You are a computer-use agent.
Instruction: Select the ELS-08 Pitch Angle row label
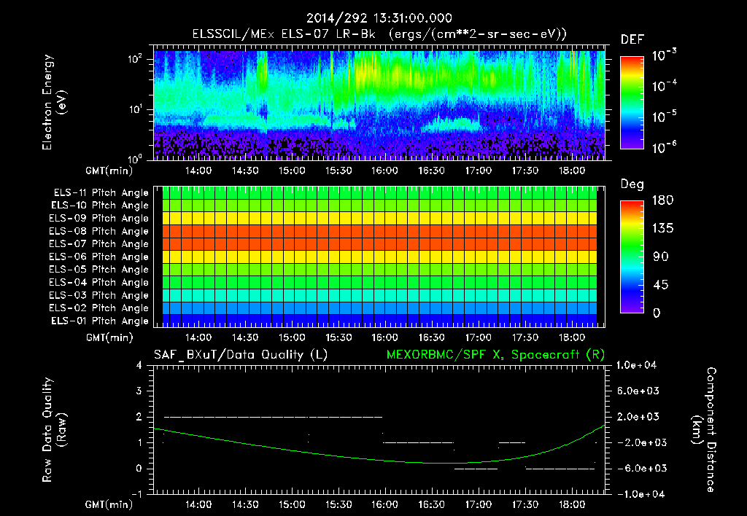(x=99, y=231)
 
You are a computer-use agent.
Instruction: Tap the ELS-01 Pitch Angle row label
(x=99, y=321)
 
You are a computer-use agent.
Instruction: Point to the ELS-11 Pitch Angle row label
(x=99, y=193)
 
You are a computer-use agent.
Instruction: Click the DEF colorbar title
(x=632, y=39)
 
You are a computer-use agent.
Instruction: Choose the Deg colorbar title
(x=631, y=184)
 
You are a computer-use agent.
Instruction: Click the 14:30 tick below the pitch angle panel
(x=245, y=337)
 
